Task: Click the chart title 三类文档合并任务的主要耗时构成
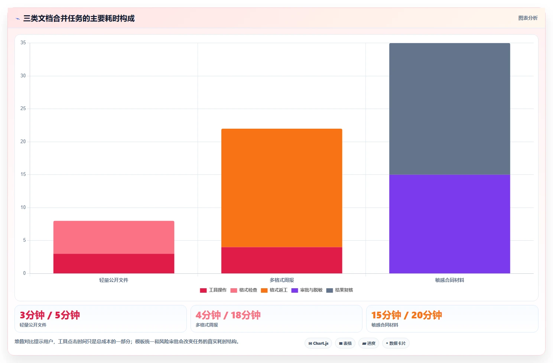[79, 18]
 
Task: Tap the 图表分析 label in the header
[528, 18]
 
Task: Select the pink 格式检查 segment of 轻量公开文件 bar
[114, 237]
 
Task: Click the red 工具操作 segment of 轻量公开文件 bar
[114, 264]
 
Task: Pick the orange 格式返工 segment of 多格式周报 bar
[282, 188]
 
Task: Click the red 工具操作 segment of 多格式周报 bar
[282, 260]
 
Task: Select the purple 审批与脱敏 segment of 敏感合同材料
[449, 224]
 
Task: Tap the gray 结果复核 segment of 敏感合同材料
[449, 109]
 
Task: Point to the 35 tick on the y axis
[23, 42]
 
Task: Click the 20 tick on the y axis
[23, 141]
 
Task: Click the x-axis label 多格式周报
[282, 280]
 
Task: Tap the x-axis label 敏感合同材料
[449, 280]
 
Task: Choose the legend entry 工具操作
[213, 290]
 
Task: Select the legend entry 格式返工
[274, 290]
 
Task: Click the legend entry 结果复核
[340, 290]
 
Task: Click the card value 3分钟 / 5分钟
[50, 315]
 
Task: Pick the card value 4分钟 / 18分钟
[228, 315]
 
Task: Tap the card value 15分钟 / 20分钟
[407, 315]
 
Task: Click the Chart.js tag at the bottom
[318, 343]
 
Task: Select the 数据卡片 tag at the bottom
[396, 343]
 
